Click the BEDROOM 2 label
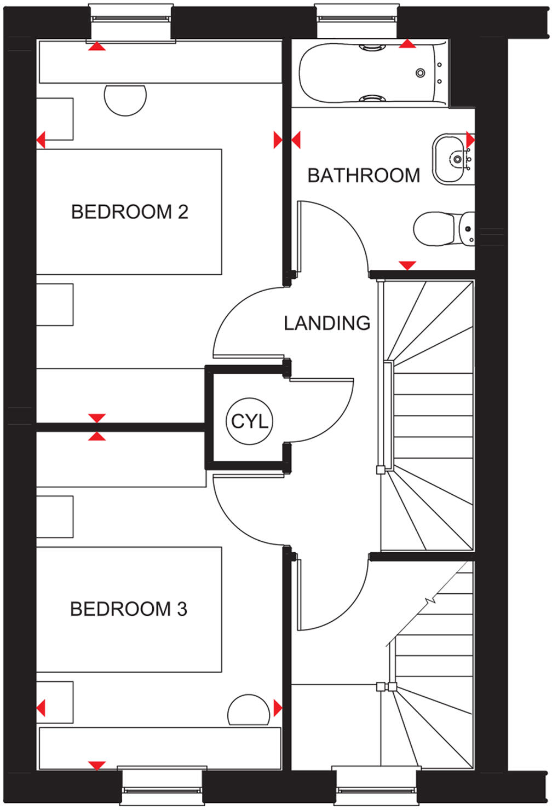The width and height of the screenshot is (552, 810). tap(129, 212)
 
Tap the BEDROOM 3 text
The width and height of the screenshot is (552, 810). tap(129, 609)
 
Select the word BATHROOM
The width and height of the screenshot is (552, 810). tap(364, 176)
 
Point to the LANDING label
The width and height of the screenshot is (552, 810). tap(327, 323)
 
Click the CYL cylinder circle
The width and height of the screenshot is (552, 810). tap(249, 421)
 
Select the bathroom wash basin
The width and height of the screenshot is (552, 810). tap(452, 159)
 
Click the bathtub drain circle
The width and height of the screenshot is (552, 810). tap(420, 73)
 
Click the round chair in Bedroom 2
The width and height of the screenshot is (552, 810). tap(125, 97)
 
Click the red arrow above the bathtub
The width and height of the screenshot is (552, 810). tap(407, 44)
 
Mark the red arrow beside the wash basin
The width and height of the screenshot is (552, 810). tap(470, 139)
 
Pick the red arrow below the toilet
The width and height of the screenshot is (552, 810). tap(407, 265)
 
